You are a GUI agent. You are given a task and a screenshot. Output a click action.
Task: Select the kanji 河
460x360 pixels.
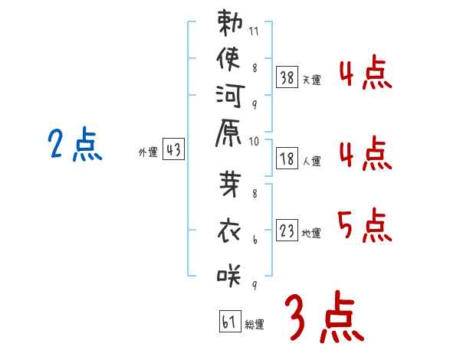tap(230, 96)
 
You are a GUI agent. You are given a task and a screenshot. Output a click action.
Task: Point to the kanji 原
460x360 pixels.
tap(228, 133)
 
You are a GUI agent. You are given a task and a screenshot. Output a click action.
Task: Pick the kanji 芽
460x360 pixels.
tap(230, 184)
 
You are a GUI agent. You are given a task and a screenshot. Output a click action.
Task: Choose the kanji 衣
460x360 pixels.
tap(229, 231)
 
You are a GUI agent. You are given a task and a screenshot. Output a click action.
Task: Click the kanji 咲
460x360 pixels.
tap(229, 275)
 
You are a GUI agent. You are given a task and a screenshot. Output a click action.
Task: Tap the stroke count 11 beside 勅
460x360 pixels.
tap(254, 31)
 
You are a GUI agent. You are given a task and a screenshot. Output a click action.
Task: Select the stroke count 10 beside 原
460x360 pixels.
tap(254, 142)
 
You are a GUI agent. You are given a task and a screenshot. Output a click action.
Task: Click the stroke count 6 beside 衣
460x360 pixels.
tap(255, 240)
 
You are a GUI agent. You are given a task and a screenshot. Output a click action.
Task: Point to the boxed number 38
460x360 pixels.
tap(287, 77)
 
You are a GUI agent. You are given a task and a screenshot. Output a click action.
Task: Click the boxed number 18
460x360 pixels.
tap(287, 159)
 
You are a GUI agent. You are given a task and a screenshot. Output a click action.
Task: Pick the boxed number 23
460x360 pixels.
tap(287, 230)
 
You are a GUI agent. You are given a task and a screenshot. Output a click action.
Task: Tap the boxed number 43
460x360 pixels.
tap(173, 149)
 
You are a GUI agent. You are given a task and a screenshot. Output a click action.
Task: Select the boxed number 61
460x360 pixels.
tap(230, 321)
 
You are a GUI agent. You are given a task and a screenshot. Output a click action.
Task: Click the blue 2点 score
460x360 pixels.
tap(75, 144)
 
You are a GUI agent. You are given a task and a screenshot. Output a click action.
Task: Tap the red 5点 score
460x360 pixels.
tap(365, 225)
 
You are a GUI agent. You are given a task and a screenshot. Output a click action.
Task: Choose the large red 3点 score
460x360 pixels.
tap(324, 316)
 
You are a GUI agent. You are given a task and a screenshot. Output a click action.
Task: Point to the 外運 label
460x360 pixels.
tap(148, 152)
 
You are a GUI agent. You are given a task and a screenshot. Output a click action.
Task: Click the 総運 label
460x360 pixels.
tap(255, 325)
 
